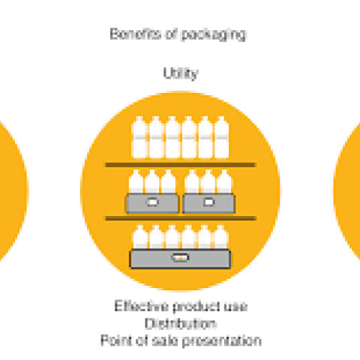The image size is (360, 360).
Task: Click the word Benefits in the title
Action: (135, 34)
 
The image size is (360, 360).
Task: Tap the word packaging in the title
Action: (214, 34)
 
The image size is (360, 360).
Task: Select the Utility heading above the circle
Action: (181, 73)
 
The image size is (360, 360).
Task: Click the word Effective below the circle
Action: (141, 306)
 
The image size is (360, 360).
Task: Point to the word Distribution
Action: (181, 323)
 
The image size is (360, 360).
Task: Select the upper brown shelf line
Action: (181, 165)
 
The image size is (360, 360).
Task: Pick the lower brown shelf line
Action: (181, 218)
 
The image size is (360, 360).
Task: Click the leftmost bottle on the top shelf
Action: (139, 137)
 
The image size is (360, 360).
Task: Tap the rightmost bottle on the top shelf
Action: (222, 137)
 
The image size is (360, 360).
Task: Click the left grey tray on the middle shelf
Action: (152, 203)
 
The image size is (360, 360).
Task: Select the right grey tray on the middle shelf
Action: (208, 203)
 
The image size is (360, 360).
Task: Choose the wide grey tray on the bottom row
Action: (180, 259)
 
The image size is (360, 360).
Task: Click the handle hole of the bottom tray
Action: (180, 257)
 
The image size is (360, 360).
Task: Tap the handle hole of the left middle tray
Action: (152, 202)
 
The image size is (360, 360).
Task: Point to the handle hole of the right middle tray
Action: (208, 202)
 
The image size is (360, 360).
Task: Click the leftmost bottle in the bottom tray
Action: (140, 237)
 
